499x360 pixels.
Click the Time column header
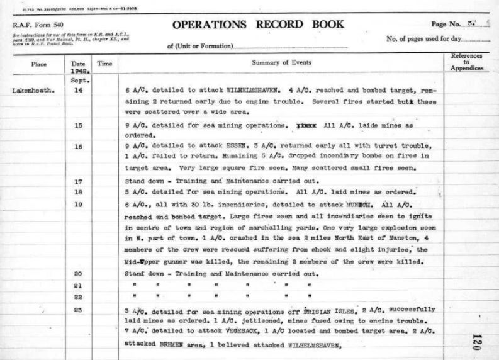(x=103, y=64)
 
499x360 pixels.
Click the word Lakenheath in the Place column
(x=32, y=91)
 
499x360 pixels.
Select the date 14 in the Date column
(x=79, y=91)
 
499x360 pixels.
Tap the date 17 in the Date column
(x=79, y=181)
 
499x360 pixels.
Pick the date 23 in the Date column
(x=79, y=310)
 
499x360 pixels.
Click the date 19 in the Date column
(x=79, y=204)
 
